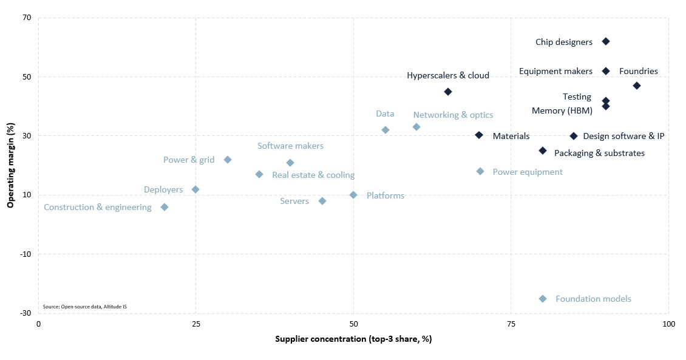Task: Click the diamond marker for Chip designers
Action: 605,41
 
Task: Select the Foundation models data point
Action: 543,299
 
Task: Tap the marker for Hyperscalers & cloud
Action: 447,92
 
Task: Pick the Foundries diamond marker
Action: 637,86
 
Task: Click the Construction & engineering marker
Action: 164,207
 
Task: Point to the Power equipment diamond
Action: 480,171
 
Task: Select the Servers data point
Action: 322,201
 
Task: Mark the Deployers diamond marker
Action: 195,189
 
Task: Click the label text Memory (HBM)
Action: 562,110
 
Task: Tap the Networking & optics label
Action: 453,115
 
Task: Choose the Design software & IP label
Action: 623,136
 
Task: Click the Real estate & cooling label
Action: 313,175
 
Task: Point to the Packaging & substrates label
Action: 599,153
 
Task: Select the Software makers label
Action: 290,146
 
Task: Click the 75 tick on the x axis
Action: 511,324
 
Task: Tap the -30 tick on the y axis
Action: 25,313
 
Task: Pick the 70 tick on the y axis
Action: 27,18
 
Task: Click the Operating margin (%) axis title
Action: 10,165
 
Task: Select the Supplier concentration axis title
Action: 353,339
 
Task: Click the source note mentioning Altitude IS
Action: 85,307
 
